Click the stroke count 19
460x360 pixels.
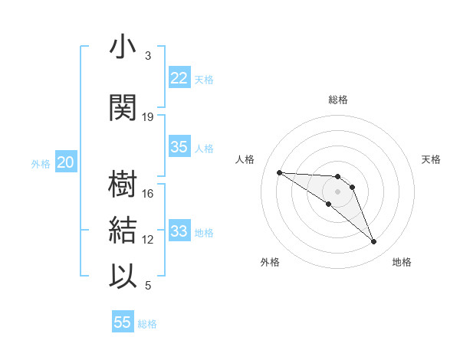tap(148, 117)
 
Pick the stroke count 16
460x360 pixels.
tap(148, 194)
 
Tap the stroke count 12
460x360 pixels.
tap(148, 240)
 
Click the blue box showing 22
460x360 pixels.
tap(179, 78)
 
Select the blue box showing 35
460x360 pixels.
tap(179, 147)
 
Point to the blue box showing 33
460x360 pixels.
tap(179, 231)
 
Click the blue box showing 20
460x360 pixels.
tap(66, 162)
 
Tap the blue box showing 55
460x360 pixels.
tap(123, 322)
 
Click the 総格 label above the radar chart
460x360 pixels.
tap(338, 100)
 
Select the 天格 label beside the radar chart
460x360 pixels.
tap(431, 159)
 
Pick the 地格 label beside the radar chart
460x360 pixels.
tap(402, 263)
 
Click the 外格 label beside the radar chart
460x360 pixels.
tap(270, 263)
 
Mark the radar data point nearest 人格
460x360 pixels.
tap(279, 172)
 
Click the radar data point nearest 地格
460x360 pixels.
tap(374, 242)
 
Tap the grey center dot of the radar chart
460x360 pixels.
tap(337, 191)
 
